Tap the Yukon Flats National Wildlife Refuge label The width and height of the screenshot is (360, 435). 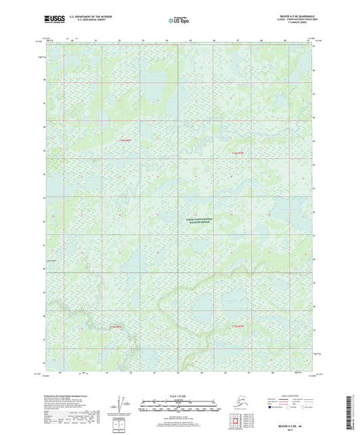(x=199, y=221)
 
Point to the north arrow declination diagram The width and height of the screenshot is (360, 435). (x=121, y=405)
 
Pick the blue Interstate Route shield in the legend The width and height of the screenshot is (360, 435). (x=272, y=408)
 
